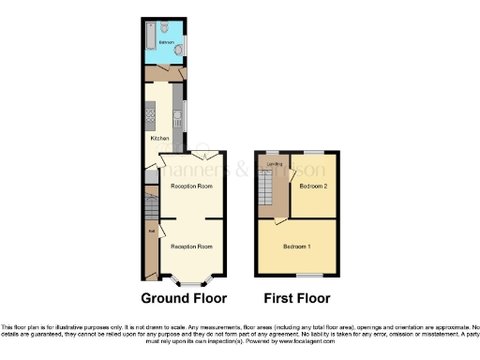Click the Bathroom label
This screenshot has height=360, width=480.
coord(166,42)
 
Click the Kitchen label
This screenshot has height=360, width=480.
coord(160,139)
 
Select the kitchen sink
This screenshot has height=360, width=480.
coord(176,118)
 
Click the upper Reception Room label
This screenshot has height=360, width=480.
coord(190,186)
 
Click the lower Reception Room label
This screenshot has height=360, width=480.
coord(190,246)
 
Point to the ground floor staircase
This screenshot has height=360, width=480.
coord(148,202)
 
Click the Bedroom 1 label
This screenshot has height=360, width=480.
coord(297,246)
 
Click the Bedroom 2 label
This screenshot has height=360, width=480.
coord(312,186)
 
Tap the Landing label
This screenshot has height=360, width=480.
coord(275,165)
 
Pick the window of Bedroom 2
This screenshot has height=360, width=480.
coord(312,151)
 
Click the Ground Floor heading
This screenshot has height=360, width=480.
coord(184,299)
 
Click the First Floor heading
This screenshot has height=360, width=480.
coord(297,299)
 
